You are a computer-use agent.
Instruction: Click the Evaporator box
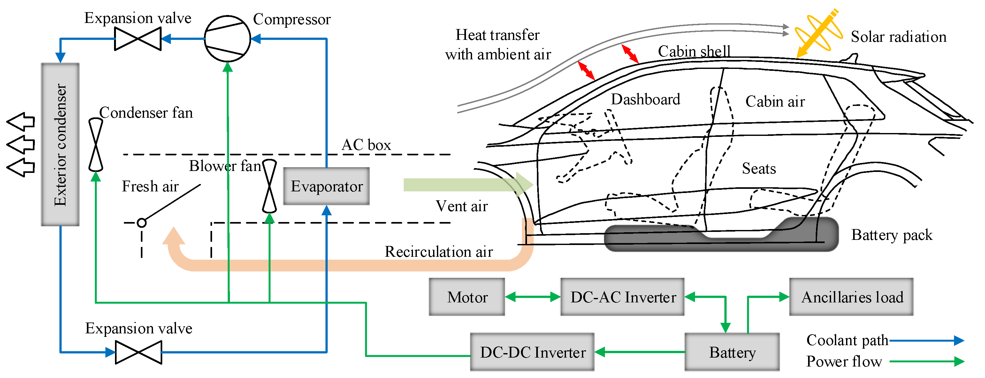tap(326, 186)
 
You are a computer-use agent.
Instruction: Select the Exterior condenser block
tap(60, 144)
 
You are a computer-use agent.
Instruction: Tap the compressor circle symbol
tap(227, 39)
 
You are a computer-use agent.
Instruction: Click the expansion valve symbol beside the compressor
tap(138, 39)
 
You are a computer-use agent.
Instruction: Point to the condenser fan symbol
tap(95, 144)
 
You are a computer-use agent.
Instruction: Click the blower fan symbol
tap(269, 186)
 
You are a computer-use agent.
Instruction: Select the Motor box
tap(467, 297)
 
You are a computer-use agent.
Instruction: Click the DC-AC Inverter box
tap(622, 297)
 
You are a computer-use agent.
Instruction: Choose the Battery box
tap(731, 352)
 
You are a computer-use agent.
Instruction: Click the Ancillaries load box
tap(851, 297)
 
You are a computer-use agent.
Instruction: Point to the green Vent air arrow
tap(467, 185)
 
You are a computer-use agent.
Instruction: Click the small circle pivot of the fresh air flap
tap(141, 223)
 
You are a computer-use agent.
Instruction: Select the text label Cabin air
tap(775, 101)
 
